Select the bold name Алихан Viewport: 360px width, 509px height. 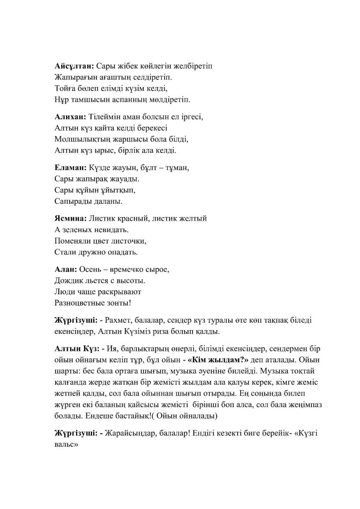pos(70,117)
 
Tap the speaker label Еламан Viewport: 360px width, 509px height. pos(70,169)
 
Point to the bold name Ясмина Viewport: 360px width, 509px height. pos(70,219)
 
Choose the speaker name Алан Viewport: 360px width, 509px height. pos(65,270)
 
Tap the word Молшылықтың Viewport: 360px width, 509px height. pos(83,139)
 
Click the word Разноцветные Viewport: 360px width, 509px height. pos(80,302)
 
